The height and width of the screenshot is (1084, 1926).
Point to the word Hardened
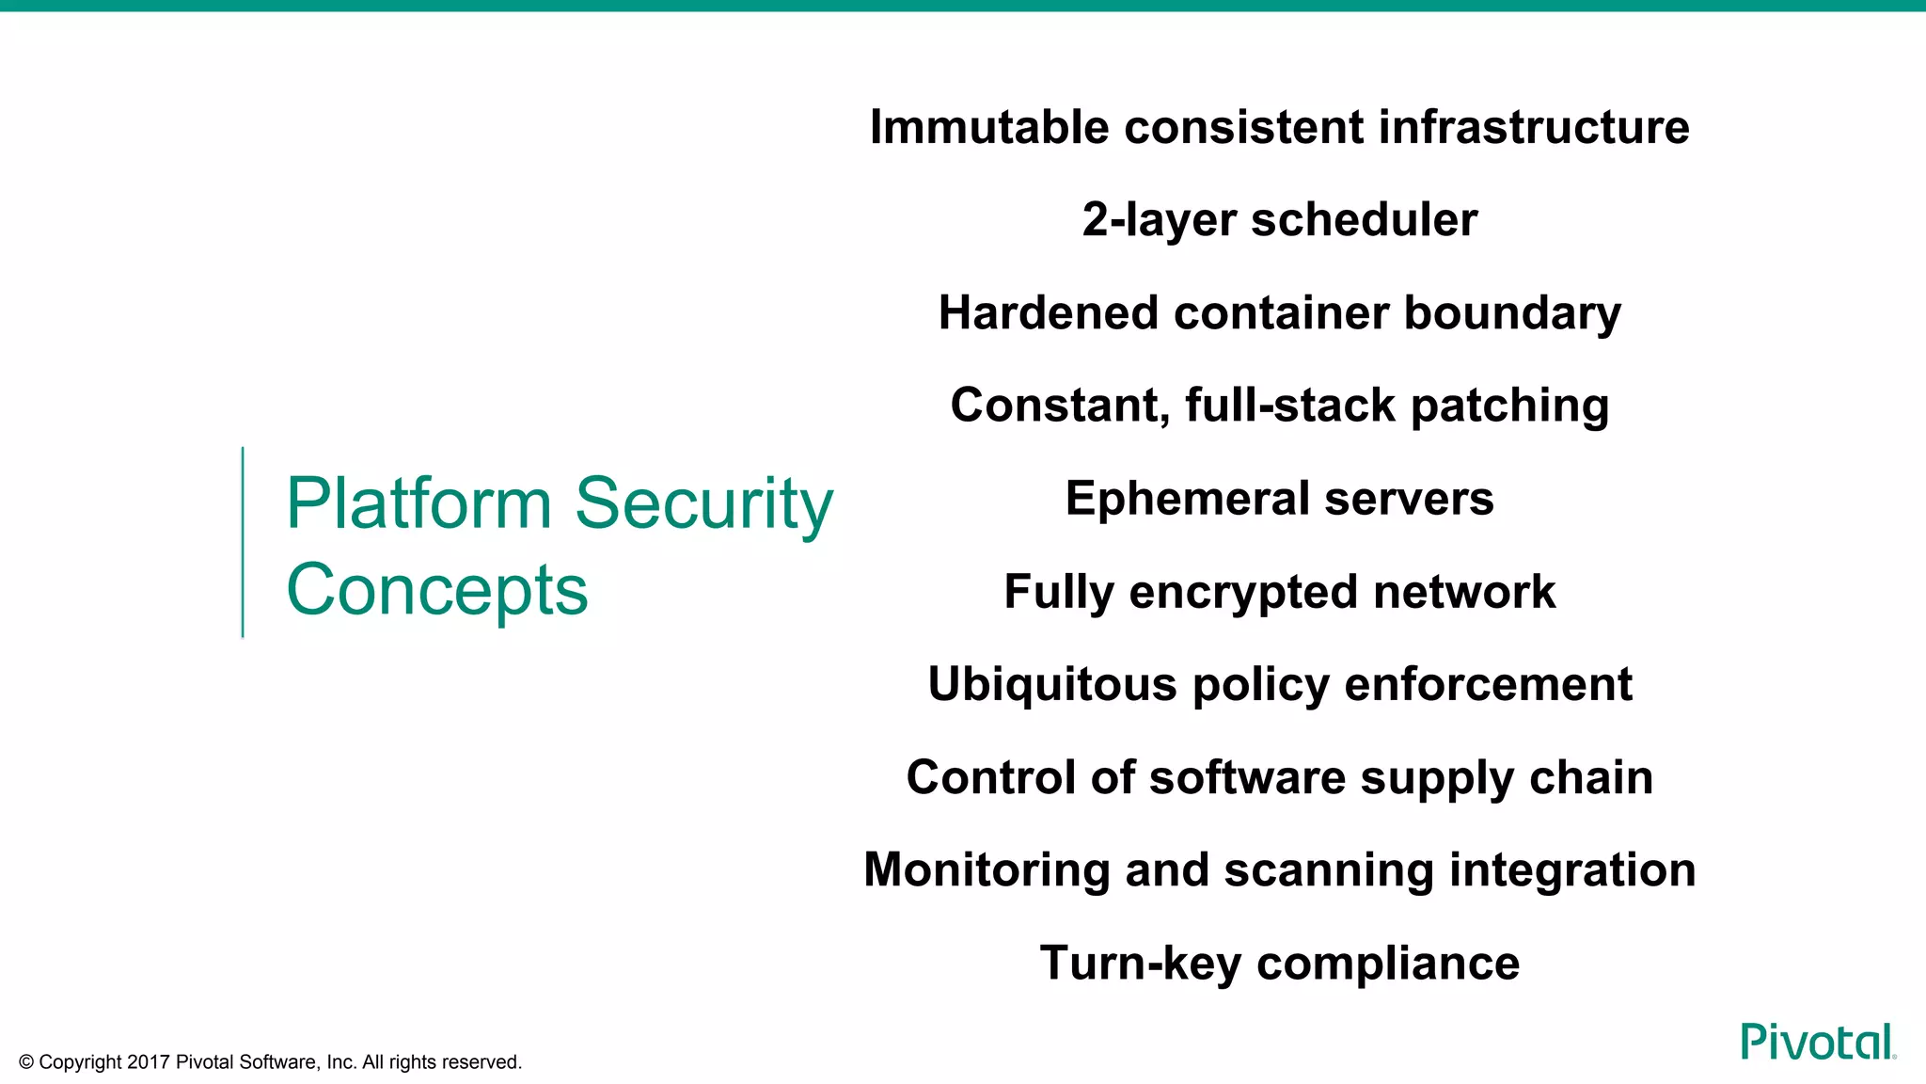coord(1048,312)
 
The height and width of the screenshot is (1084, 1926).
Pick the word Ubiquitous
coord(1051,684)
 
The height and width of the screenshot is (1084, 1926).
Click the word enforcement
coord(1488,684)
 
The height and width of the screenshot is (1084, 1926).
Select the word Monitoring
coord(987,869)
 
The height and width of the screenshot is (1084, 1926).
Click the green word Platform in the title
coord(418,503)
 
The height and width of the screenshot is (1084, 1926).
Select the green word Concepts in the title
coord(437,590)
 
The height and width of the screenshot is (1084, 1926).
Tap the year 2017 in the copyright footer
coord(149,1062)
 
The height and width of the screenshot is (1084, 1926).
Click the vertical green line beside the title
coord(243,543)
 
